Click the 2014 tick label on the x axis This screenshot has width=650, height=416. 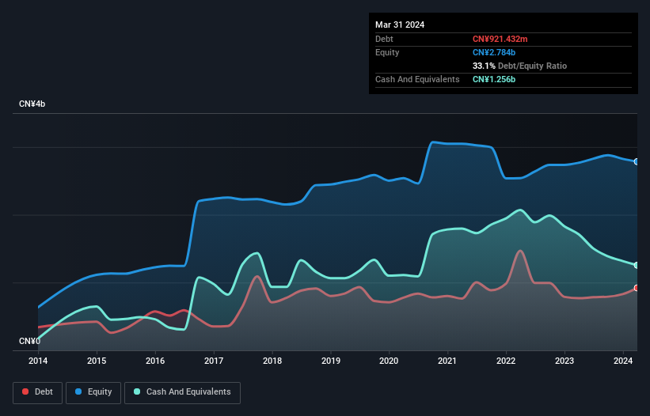38,361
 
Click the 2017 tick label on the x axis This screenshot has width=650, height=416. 214,361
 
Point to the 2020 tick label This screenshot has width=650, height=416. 389,361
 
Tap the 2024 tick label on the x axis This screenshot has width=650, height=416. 623,361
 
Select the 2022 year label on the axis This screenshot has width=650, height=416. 506,361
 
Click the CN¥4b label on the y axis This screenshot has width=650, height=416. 32,104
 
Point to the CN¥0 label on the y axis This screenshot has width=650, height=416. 30,341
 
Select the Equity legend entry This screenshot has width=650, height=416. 93,391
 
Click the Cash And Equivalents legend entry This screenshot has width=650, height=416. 182,391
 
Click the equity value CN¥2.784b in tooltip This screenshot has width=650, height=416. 495,52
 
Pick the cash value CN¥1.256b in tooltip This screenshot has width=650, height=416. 495,79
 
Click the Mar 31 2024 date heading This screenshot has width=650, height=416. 400,25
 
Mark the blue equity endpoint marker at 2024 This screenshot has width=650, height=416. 637,161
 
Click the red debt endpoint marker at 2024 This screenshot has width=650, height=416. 637,288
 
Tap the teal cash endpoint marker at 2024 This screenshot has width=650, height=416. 637,265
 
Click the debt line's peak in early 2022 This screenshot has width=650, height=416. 519,251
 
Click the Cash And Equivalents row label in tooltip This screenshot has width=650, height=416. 417,79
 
